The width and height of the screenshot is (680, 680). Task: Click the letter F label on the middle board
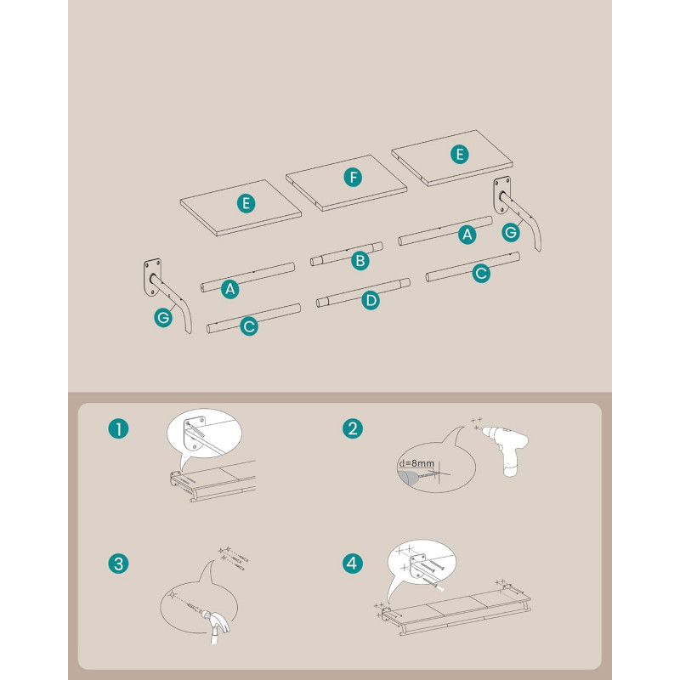coord(353,178)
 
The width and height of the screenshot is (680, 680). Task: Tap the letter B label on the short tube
coord(360,261)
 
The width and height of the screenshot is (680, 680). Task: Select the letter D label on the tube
coord(371,300)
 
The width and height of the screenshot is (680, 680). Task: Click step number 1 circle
coord(118,429)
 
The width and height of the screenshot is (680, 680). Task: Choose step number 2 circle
coord(353,428)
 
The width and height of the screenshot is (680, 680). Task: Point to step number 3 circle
coord(118,564)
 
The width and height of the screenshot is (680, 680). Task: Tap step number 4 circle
coord(353,564)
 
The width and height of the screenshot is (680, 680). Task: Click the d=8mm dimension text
coord(416,463)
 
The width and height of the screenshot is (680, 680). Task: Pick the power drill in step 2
coord(506,449)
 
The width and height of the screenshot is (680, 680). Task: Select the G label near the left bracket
coord(163,318)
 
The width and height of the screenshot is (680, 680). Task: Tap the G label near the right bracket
coord(511,232)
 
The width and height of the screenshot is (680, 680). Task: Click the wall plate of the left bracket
coord(152,278)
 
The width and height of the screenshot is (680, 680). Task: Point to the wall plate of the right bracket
coord(501,195)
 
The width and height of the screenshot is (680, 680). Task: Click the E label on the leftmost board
coord(246,203)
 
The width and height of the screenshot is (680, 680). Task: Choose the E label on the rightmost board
coord(460,155)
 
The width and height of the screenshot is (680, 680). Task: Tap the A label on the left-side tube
coord(230,289)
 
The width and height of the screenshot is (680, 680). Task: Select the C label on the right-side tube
coord(481,273)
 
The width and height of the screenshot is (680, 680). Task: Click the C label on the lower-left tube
coord(249,326)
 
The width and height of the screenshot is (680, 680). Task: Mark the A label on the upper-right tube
coord(467,235)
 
